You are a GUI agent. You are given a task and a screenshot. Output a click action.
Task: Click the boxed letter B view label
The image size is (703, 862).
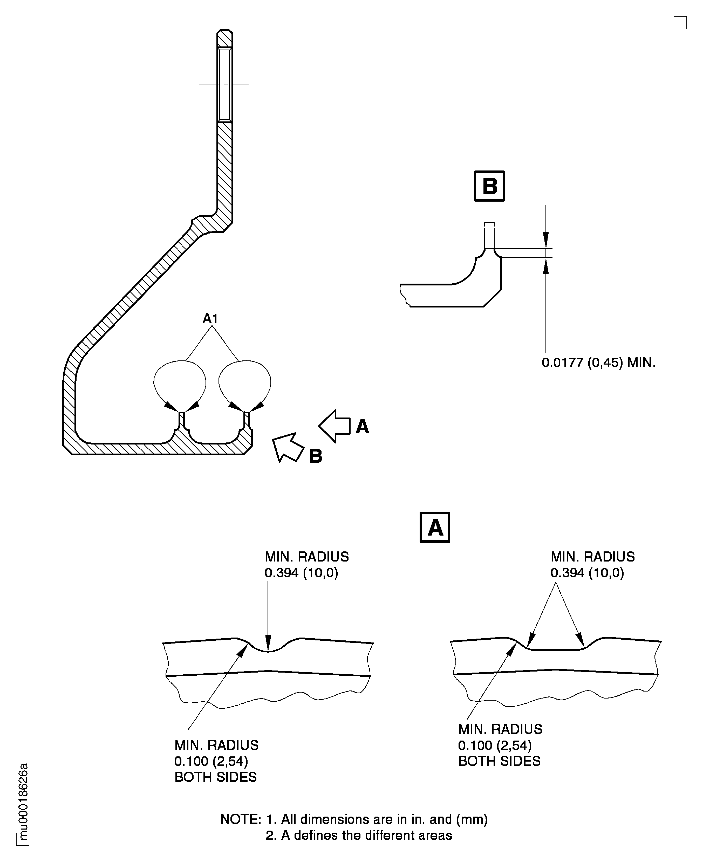pos(489,186)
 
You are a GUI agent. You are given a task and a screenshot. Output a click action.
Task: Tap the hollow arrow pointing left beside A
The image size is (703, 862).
pos(335,426)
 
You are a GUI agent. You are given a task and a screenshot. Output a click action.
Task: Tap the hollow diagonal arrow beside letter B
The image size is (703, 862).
pos(288,447)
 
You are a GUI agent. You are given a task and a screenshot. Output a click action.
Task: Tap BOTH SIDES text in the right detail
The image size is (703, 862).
pos(499,761)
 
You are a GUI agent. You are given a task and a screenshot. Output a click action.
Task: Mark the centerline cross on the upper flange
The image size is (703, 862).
pos(224,85)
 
